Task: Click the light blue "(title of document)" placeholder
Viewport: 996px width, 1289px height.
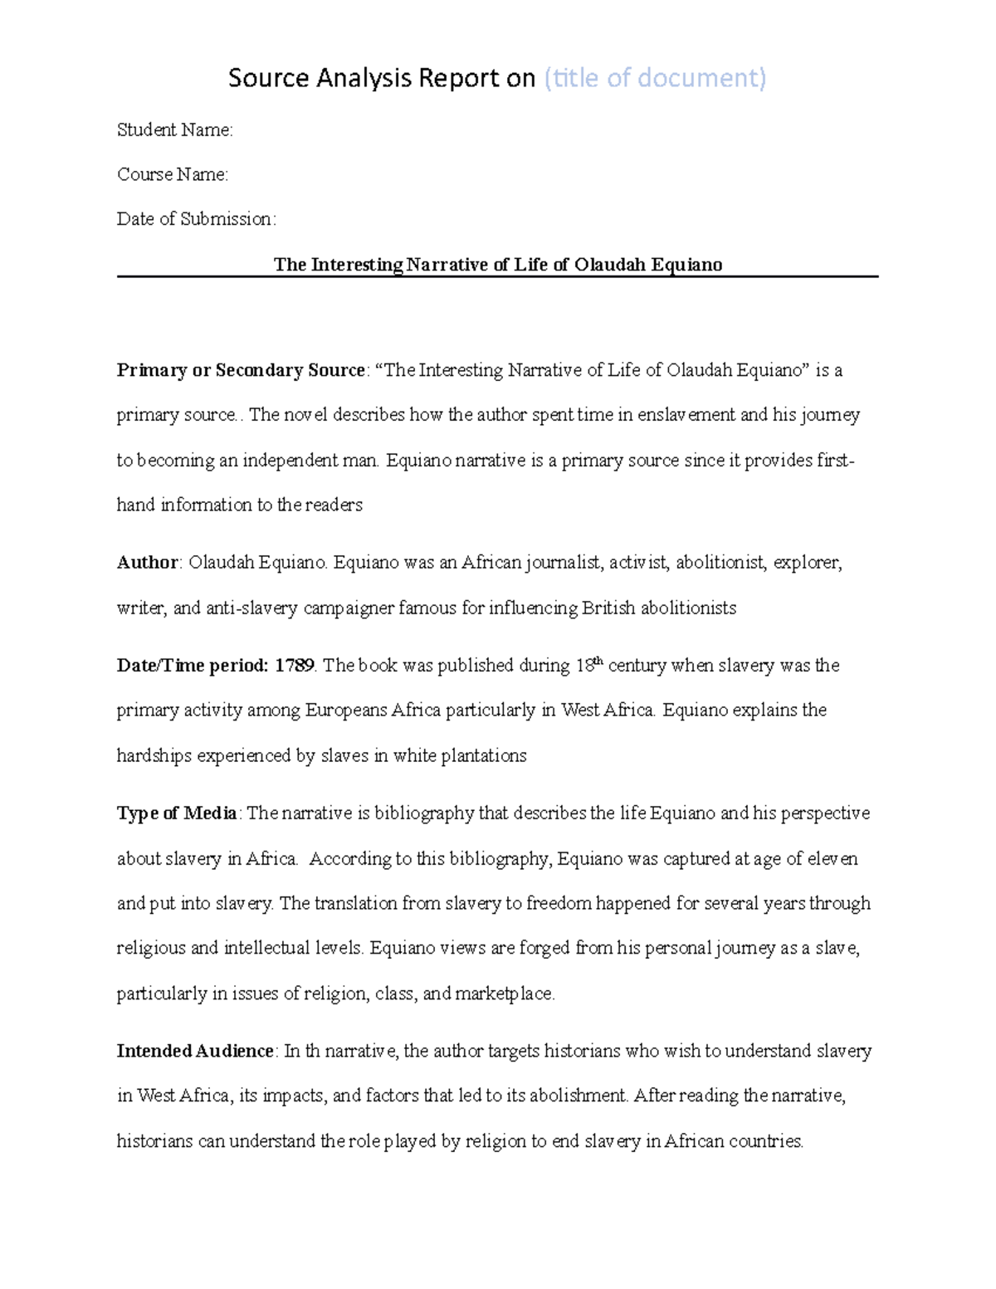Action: tap(654, 78)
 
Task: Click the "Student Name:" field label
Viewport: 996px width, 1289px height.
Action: tap(175, 130)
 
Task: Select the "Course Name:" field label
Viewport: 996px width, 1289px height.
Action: tap(173, 175)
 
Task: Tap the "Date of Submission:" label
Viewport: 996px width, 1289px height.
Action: tap(196, 220)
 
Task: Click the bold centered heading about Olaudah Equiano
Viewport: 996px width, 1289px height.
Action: tap(498, 265)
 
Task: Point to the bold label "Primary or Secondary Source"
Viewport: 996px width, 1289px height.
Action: tap(241, 371)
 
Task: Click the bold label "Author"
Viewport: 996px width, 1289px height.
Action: tap(148, 564)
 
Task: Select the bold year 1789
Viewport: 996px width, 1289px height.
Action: tap(295, 666)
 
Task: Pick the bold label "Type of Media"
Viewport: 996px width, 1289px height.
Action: tap(178, 814)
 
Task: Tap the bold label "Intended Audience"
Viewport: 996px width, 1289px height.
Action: tap(195, 1052)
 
